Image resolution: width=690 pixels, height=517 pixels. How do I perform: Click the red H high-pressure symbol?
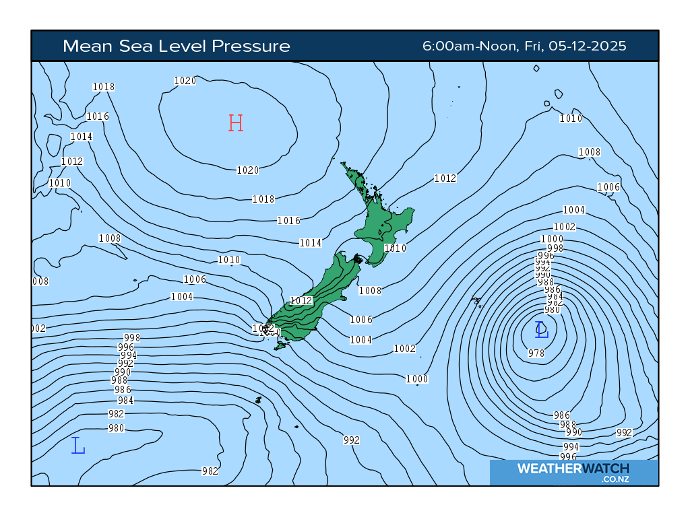[235, 123]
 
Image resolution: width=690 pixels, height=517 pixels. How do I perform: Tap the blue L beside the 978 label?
[542, 329]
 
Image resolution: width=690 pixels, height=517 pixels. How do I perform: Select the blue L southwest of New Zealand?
[78, 446]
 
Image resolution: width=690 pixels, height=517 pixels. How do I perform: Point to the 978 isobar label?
[536, 353]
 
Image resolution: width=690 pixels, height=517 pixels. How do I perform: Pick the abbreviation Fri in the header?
[530, 46]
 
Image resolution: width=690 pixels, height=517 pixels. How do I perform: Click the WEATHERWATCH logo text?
[573, 469]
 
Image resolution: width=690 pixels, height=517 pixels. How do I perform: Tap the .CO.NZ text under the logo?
[615, 479]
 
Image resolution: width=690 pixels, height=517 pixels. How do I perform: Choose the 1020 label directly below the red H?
[247, 170]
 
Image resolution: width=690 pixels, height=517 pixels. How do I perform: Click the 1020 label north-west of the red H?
[185, 81]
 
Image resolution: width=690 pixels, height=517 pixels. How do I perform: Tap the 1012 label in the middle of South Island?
[301, 301]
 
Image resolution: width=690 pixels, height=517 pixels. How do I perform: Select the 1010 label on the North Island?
[395, 248]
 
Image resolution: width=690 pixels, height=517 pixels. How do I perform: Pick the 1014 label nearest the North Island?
[311, 243]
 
